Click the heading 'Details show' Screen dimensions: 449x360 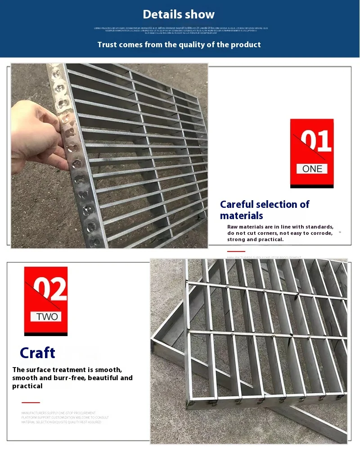click(x=179, y=14)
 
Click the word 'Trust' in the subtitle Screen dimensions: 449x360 click(x=107, y=45)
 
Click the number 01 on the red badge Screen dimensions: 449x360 click(x=315, y=141)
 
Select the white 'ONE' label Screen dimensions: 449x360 click(x=312, y=169)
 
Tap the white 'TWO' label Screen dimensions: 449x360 click(x=47, y=317)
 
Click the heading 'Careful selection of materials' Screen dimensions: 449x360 click(x=264, y=210)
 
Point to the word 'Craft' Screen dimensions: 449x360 click(x=37, y=353)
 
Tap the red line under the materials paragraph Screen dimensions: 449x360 click(x=236, y=251)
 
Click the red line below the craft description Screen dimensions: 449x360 click(x=31, y=402)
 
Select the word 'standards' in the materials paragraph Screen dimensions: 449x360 click(x=318, y=227)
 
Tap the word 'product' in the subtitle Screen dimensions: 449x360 click(x=247, y=45)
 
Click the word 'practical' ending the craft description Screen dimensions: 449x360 click(x=27, y=386)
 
